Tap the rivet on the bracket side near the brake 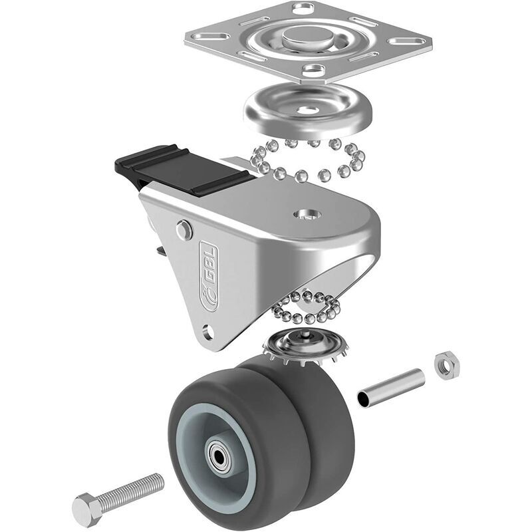(x=184, y=231)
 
